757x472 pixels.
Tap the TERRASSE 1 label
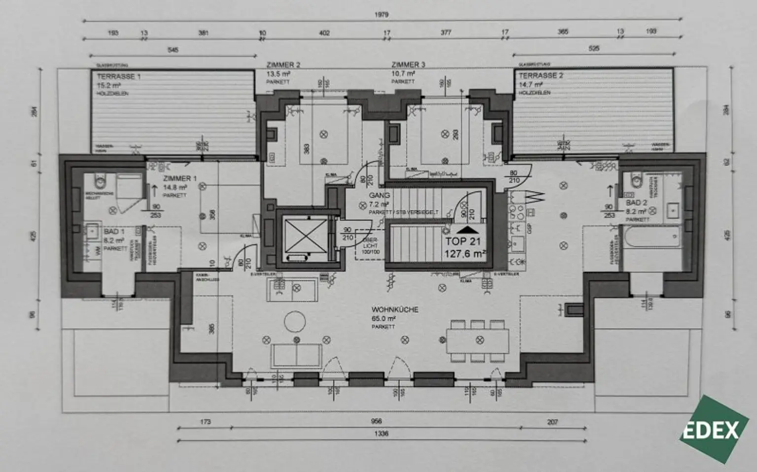[119, 77]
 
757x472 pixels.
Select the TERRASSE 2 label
[541, 76]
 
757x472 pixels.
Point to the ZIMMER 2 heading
[283, 65]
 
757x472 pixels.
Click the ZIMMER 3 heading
[408, 65]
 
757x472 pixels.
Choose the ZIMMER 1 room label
[179, 178]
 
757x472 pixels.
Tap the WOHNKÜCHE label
[395, 309]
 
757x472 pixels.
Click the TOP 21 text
[463, 241]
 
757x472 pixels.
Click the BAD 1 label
[114, 232]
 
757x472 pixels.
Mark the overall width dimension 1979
[381, 15]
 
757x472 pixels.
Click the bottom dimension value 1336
[381, 434]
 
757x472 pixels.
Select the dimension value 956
[376, 421]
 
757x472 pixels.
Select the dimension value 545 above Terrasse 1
[172, 50]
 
